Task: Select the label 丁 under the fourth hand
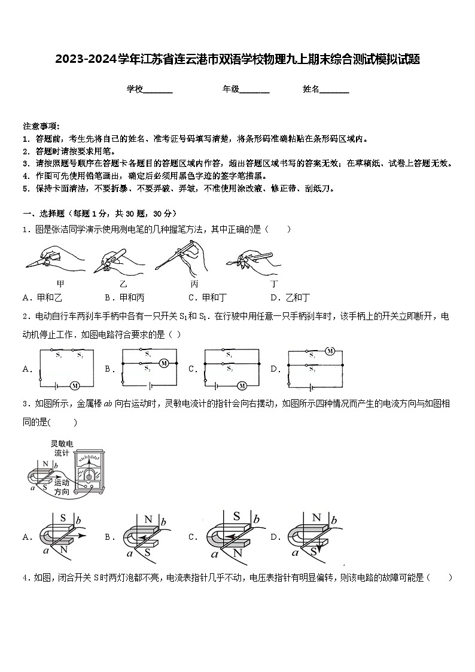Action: [274, 283]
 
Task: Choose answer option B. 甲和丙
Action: [125, 297]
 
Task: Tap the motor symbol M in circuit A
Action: [74, 385]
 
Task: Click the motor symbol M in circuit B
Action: [164, 363]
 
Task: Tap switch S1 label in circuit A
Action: [59, 355]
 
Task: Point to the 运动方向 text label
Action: [62, 486]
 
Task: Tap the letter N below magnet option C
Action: [237, 552]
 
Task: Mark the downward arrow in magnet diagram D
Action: [318, 545]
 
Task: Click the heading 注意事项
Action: [41, 126]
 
